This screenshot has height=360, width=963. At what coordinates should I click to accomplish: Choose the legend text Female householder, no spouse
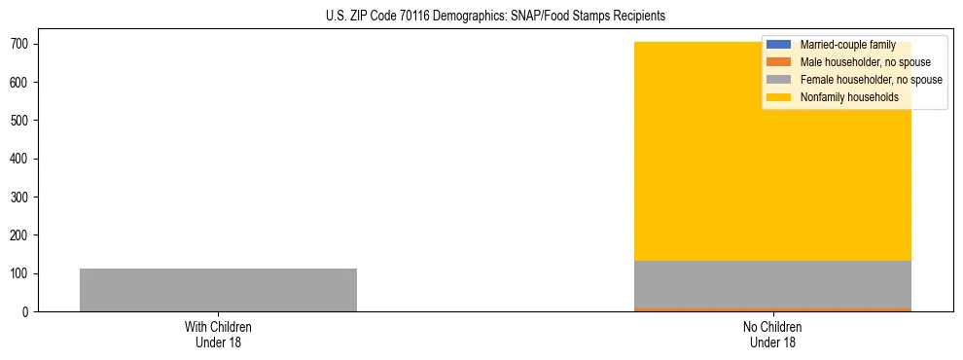[x=871, y=80]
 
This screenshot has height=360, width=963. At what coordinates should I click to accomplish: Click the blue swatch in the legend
[x=779, y=45]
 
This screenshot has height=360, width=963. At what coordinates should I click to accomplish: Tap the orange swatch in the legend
[x=779, y=62]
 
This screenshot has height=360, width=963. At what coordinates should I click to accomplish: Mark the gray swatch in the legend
[x=779, y=80]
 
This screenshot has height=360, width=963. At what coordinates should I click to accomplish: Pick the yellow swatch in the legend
[x=779, y=97]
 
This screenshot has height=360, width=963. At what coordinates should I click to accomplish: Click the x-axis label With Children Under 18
[x=218, y=334]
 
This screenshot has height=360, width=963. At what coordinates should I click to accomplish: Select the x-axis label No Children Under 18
[x=772, y=334]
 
